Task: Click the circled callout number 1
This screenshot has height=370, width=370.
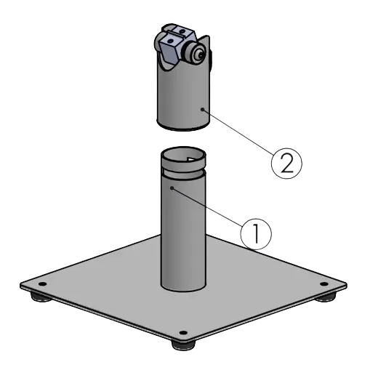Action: pyautogui.click(x=254, y=232)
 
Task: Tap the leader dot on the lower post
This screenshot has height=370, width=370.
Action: pyautogui.click(x=172, y=188)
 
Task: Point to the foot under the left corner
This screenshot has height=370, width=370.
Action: pyautogui.click(x=36, y=296)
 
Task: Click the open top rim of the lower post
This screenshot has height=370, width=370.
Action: pyautogui.click(x=183, y=155)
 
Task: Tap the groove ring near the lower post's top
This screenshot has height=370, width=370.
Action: pyautogui.click(x=183, y=174)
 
